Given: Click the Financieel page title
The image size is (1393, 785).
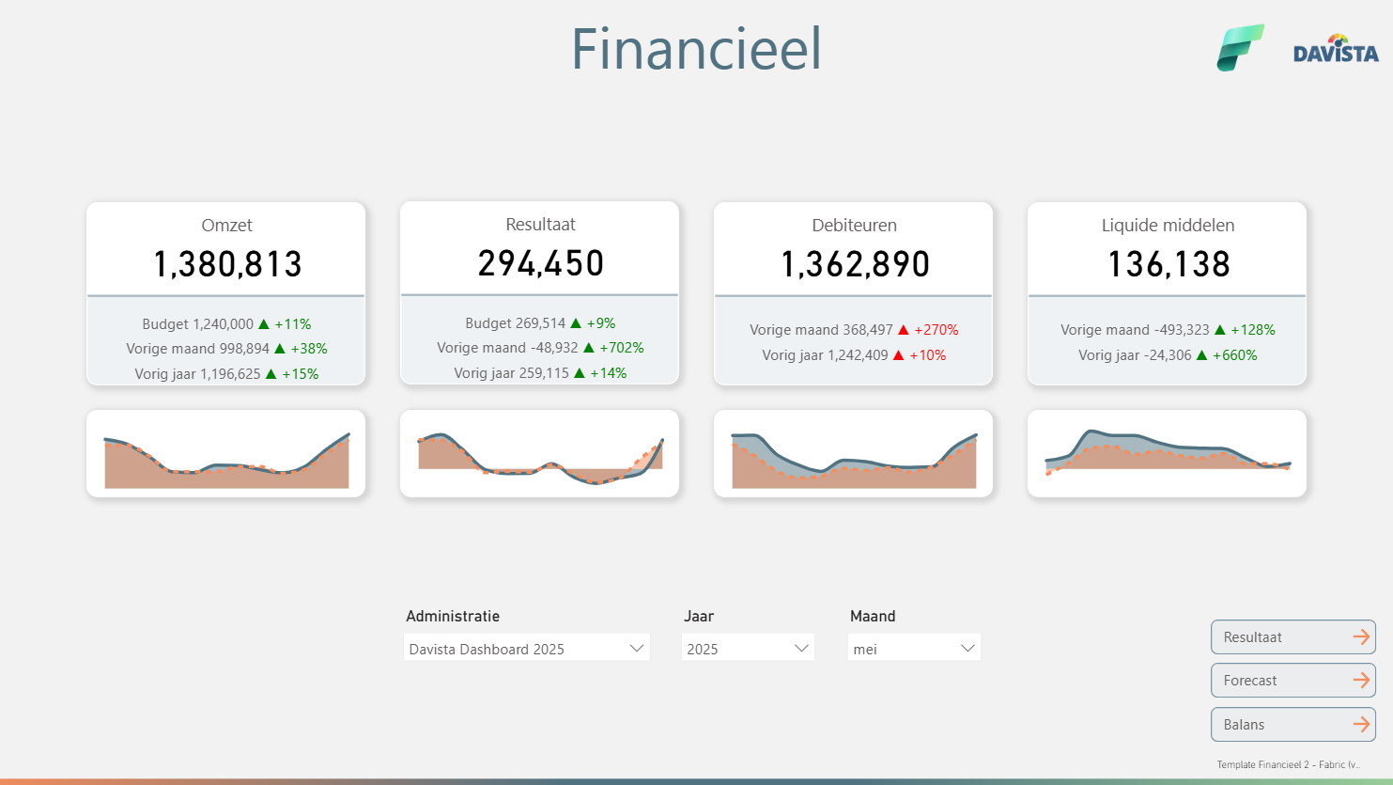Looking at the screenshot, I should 696,50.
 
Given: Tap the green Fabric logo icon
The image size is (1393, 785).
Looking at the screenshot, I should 1240,48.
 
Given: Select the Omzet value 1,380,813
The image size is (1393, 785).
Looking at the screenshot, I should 227,265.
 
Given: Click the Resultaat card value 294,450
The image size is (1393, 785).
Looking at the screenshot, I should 540,264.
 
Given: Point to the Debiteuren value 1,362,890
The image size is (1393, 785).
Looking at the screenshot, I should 855,265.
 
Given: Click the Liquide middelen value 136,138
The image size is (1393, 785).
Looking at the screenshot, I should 1169,265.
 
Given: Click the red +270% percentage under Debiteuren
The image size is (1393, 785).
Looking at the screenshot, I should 936,330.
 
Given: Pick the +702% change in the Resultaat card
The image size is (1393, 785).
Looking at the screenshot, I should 621,348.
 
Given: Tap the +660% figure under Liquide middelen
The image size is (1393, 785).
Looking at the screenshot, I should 1234,355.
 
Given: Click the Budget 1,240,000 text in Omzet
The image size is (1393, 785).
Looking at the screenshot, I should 197,324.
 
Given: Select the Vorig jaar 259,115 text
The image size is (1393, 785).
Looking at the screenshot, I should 511,373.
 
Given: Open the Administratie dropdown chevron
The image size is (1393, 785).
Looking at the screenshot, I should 636,649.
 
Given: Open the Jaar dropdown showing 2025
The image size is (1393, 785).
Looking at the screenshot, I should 748,649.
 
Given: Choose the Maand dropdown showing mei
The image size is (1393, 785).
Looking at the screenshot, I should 914,649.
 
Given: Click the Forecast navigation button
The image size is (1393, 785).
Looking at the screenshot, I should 1292,681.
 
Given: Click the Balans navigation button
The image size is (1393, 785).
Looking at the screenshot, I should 1292,725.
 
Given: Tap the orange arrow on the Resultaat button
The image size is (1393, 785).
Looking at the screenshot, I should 1361,637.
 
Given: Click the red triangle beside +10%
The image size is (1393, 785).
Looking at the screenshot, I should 899,355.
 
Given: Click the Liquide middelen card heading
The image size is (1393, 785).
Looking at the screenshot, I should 1168,226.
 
